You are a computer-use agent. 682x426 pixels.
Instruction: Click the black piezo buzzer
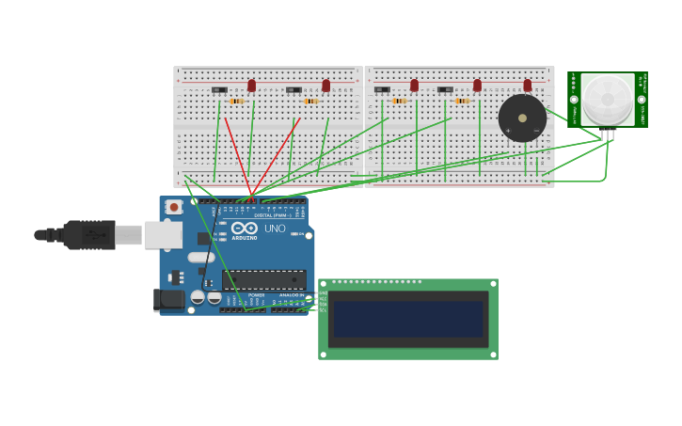tap(522, 118)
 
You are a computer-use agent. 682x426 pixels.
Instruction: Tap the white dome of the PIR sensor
tap(607, 98)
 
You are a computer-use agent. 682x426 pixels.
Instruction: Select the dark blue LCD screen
tap(408, 319)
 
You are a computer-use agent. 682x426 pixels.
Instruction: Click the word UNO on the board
tap(275, 229)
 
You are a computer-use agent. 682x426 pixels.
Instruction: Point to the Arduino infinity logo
tap(244, 228)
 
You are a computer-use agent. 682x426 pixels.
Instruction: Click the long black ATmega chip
tap(263, 279)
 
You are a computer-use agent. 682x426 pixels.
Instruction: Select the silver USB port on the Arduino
tap(163, 234)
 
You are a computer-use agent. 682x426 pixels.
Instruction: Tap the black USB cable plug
tap(89, 234)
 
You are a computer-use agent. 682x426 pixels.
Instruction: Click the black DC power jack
tap(169, 299)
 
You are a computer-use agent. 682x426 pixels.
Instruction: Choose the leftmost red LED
tap(251, 86)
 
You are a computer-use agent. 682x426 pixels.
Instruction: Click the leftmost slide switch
tap(219, 90)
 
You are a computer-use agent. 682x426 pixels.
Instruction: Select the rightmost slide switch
tap(445, 90)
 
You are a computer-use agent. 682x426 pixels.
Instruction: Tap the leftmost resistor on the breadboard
tap(236, 101)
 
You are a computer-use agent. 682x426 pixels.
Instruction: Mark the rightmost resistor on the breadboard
tap(462, 101)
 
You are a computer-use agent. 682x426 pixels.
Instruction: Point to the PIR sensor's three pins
tap(608, 134)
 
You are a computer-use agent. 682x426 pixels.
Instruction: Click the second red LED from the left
tap(326, 86)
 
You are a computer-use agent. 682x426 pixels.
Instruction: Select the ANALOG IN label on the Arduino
tap(291, 294)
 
